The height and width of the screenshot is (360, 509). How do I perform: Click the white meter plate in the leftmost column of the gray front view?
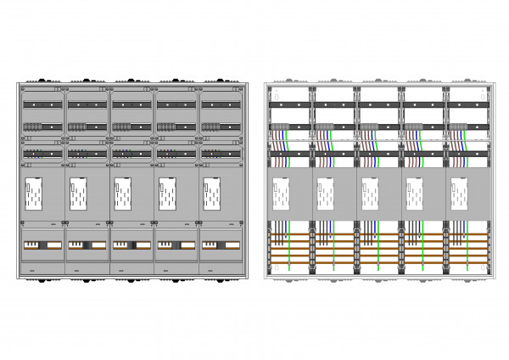[x=35, y=194]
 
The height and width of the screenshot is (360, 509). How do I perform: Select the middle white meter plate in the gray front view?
[x=123, y=194]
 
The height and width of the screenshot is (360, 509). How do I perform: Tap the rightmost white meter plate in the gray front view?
[x=211, y=194]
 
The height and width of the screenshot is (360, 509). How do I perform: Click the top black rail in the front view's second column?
[x=87, y=104]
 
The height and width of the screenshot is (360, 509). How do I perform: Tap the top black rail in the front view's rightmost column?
[x=220, y=104]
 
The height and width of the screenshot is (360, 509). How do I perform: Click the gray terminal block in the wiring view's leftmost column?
[x=280, y=127]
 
